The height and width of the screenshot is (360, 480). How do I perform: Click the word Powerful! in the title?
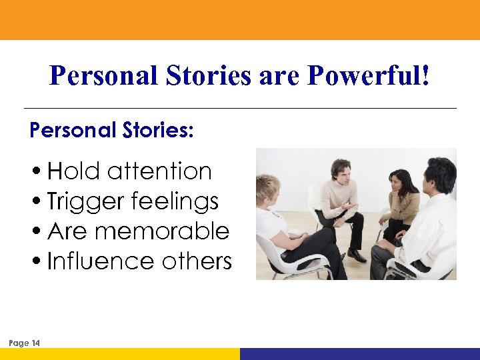pyautogui.click(x=368, y=76)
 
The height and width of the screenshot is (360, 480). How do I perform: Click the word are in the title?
pyautogui.click(x=279, y=76)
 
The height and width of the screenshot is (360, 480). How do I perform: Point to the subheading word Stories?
pyautogui.click(x=157, y=130)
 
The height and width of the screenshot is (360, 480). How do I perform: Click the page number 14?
pyautogui.click(x=35, y=343)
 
